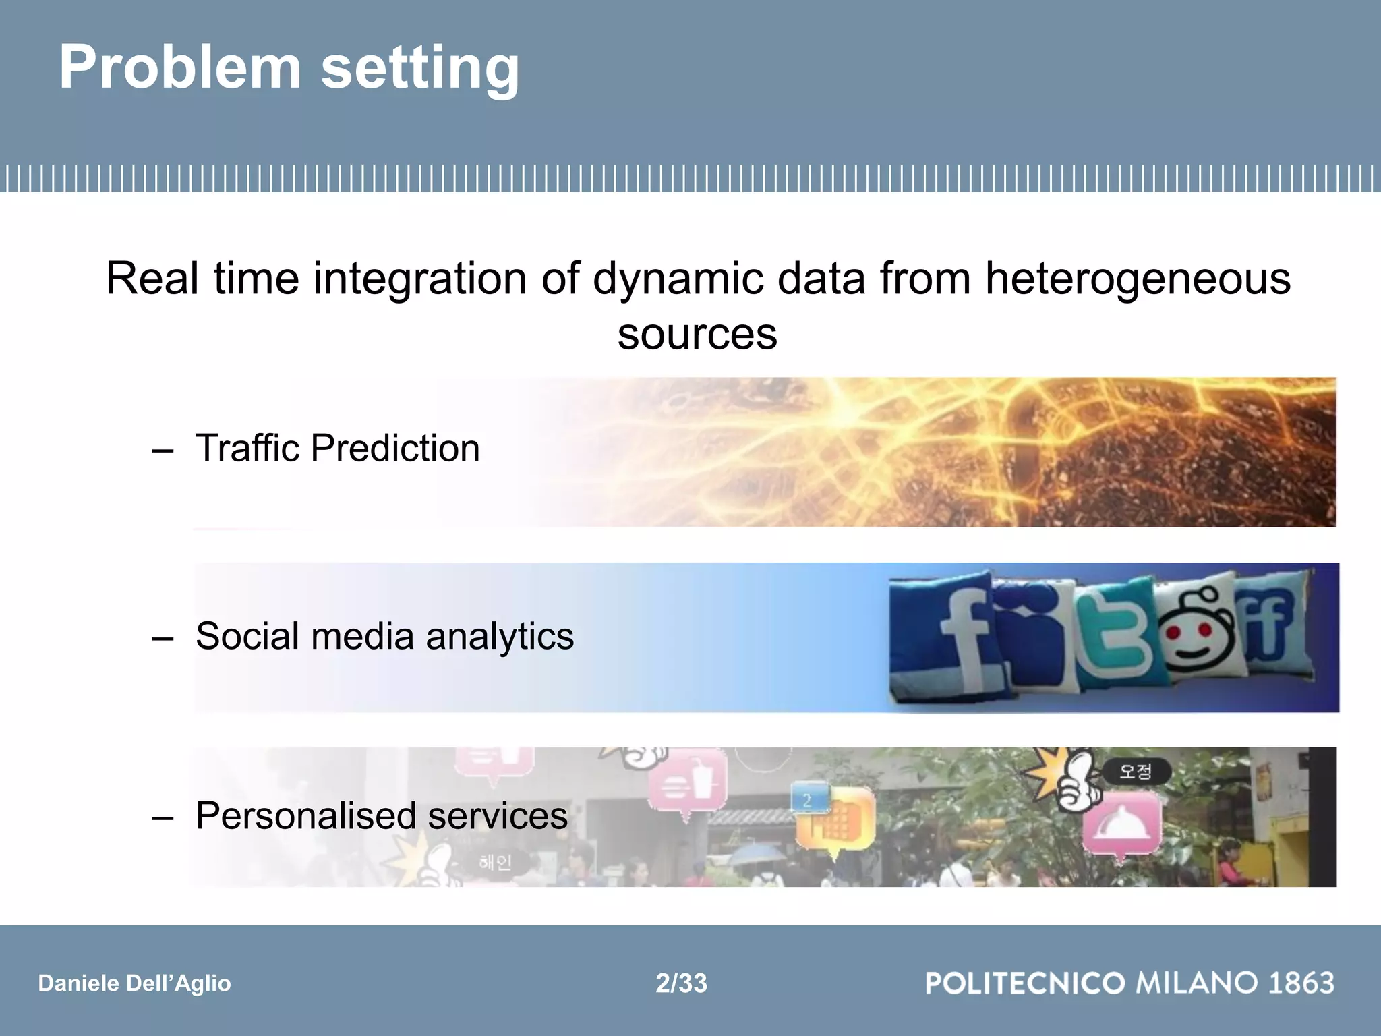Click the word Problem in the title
tap(179, 67)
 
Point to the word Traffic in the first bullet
tap(247, 448)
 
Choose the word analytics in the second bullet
tap(499, 636)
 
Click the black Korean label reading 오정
tap(1136, 771)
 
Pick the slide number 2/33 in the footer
tap(681, 983)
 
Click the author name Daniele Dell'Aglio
tap(134, 983)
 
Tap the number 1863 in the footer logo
tap(1301, 983)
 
